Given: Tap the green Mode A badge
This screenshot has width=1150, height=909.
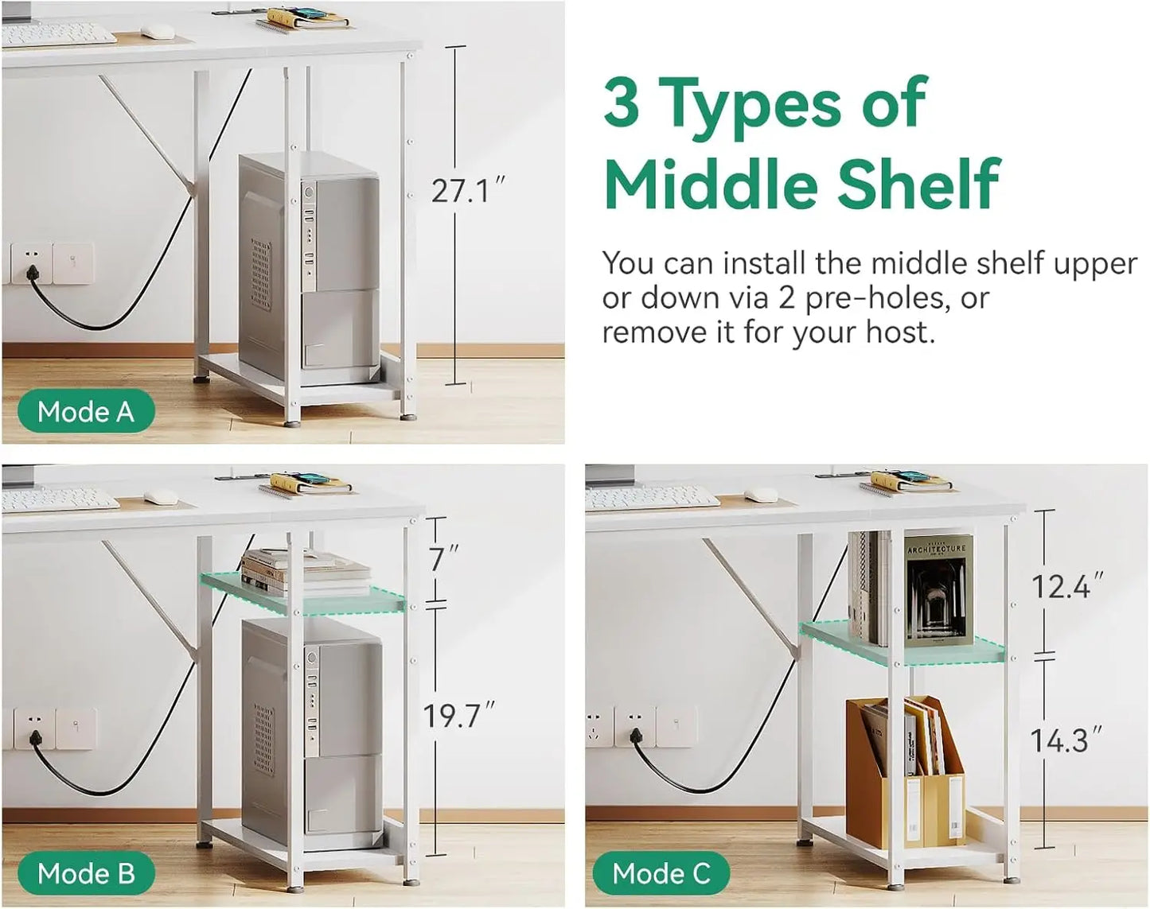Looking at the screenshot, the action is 86,412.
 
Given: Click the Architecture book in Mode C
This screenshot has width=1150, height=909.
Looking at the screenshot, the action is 938,591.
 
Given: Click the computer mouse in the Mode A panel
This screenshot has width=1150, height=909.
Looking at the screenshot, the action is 155,31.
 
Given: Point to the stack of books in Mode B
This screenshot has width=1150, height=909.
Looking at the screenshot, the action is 305,573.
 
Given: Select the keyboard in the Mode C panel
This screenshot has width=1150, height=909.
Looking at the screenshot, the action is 652,498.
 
